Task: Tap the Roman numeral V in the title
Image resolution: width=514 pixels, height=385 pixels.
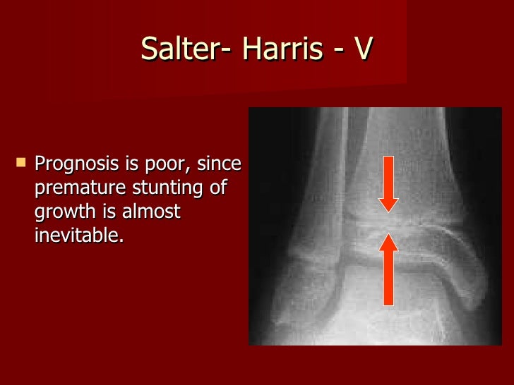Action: pyautogui.click(x=361, y=49)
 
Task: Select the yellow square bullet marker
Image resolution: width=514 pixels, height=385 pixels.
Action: pyautogui.click(x=20, y=163)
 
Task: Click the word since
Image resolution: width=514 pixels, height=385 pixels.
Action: pyautogui.click(x=219, y=164)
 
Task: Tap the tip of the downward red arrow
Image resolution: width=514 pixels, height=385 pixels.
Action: pyautogui.click(x=388, y=211)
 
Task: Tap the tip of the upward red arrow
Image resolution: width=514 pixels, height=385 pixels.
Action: pyautogui.click(x=388, y=235)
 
